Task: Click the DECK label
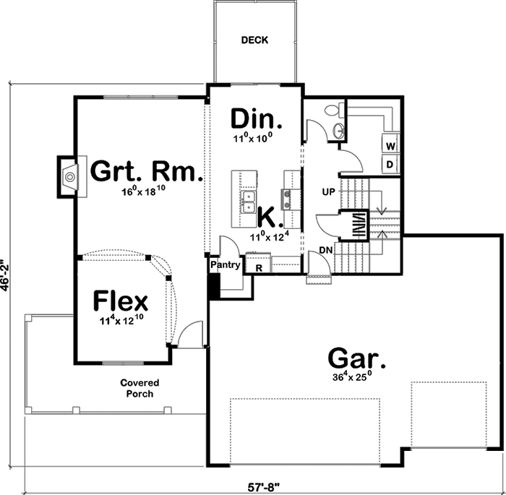tap(254, 40)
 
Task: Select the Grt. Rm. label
tap(146, 172)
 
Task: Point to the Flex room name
tap(121, 299)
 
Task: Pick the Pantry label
tap(226, 265)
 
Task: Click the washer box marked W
tap(390, 146)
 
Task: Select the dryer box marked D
tap(390, 164)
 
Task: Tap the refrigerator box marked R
tap(258, 267)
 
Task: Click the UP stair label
tap(328, 193)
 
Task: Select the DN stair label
tap(325, 249)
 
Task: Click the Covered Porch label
tap(140, 388)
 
